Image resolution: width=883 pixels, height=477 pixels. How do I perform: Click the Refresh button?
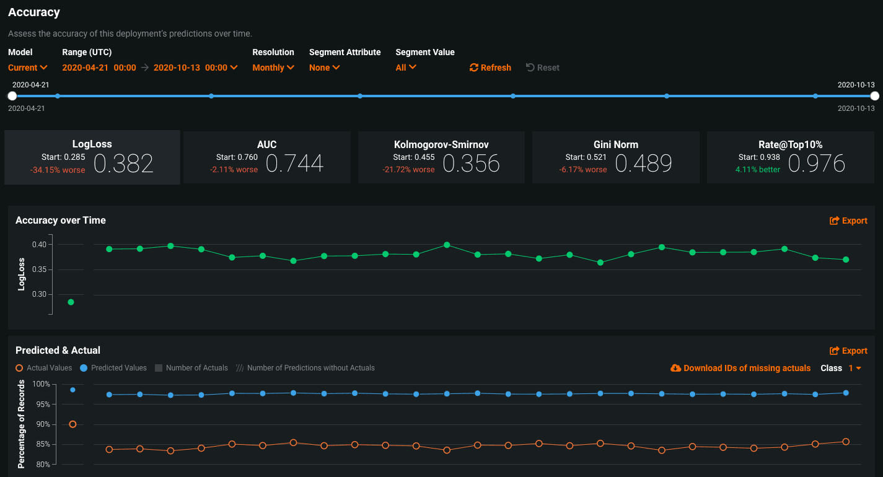pyautogui.click(x=490, y=68)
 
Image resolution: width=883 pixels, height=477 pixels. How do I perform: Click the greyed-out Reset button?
pyautogui.click(x=543, y=68)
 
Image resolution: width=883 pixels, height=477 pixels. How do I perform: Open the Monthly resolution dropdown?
pyautogui.click(x=273, y=68)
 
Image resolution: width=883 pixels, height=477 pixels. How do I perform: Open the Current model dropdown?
pyautogui.click(x=28, y=68)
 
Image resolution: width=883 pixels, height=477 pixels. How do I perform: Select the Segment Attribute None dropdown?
pyautogui.click(x=325, y=68)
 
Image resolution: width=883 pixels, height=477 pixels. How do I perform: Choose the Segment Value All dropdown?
pyautogui.click(x=406, y=67)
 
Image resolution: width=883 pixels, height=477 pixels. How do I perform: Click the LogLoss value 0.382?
pyautogui.click(x=123, y=164)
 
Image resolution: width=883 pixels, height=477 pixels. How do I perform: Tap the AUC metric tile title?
pyautogui.click(x=266, y=144)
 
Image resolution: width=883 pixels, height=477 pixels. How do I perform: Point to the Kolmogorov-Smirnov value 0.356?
pyautogui.click(x=471, y=164)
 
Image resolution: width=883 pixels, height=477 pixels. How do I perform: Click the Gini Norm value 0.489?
pyautogui.click(x=643, y=164)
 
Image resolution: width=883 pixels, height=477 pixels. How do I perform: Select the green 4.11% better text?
pyautogui.click(x=757, y=170)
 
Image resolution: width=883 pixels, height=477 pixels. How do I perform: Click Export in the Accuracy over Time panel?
pyautogui.click(x=848, y=221)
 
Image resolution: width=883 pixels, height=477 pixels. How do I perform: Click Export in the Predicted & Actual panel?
pyautogui.click(x=848, y=351)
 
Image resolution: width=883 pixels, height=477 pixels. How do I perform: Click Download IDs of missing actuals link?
pyautogui.click(x=740, y=368)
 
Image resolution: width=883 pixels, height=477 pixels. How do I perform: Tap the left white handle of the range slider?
pyautogui.click(x=12, y=96)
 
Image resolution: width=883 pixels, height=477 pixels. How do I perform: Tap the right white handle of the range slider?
pyautogui.click(x=874, y=96)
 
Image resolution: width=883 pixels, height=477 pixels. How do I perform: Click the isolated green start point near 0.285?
pyautogui.click(x=71, y=302)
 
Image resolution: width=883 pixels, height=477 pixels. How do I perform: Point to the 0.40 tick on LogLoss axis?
pyautogui.click(x=39, y=244)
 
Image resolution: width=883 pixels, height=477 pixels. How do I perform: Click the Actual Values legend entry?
pyautogui.click(x=43, y=368)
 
